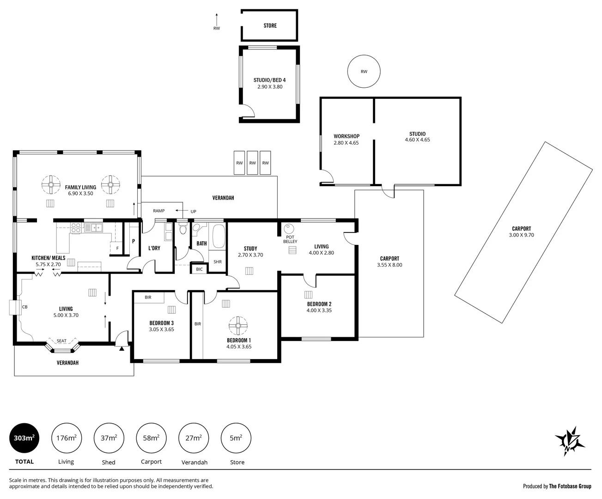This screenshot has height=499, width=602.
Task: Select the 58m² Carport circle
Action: [151, 438]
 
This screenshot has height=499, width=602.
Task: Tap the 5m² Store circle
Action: [236, 438]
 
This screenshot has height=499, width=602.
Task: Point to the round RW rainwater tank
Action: [364, 72]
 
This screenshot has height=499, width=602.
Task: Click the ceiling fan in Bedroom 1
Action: [238, 326]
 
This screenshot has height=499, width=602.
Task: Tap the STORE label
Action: [270, 25]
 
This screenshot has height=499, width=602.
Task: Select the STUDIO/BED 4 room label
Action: [269, 80]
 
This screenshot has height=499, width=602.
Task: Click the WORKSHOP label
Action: [347, 136]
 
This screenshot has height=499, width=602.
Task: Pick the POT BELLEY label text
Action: [290, 239]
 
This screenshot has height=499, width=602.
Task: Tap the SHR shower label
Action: [217, 262]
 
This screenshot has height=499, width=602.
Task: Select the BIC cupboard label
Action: [199, 269]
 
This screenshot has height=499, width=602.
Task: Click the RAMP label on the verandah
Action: [158, 211]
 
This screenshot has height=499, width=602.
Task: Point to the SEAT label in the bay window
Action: [61, 341]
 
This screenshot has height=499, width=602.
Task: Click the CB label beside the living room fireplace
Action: [24, 306]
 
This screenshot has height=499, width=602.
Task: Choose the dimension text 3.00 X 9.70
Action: [521, 235]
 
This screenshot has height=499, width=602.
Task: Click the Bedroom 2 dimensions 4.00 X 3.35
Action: [319, 310]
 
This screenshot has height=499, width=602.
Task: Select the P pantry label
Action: [133, 241]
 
